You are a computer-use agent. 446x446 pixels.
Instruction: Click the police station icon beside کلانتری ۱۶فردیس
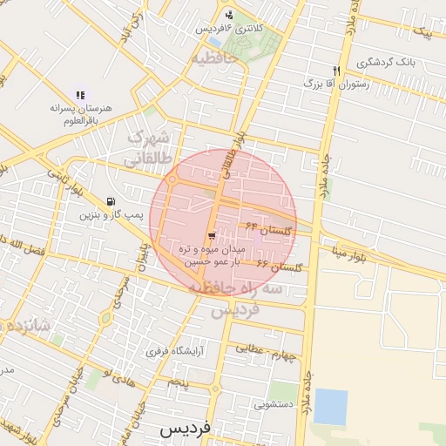coord(229,14)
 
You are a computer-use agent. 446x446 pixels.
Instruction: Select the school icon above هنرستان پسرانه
coord(80,95)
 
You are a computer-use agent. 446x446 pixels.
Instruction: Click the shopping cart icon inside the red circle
coord(213,236)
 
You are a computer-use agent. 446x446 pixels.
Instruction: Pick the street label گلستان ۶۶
coord(286,267)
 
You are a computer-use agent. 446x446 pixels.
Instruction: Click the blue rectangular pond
coord(330,407)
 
